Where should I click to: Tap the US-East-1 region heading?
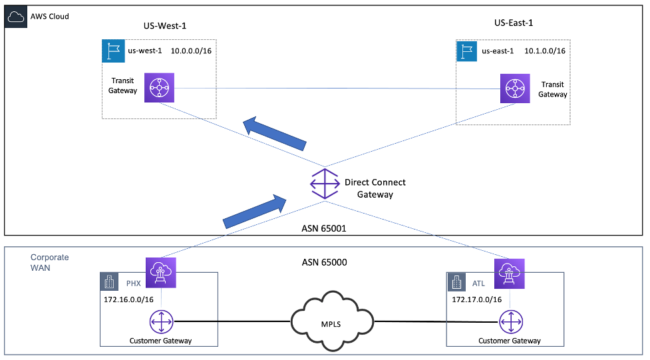tap(514, 23)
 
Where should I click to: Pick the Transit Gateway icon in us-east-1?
tap(515, 88)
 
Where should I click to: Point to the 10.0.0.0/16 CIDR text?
tap(193, 51)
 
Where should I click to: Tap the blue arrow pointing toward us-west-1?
tap(274, 133)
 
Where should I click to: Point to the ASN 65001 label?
tap(325, 228)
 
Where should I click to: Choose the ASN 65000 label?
tap(325, 262)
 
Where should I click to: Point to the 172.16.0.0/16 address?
tap(129, 299)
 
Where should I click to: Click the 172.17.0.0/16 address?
tap(476, 299)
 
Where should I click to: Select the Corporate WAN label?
tap(50, 262)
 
